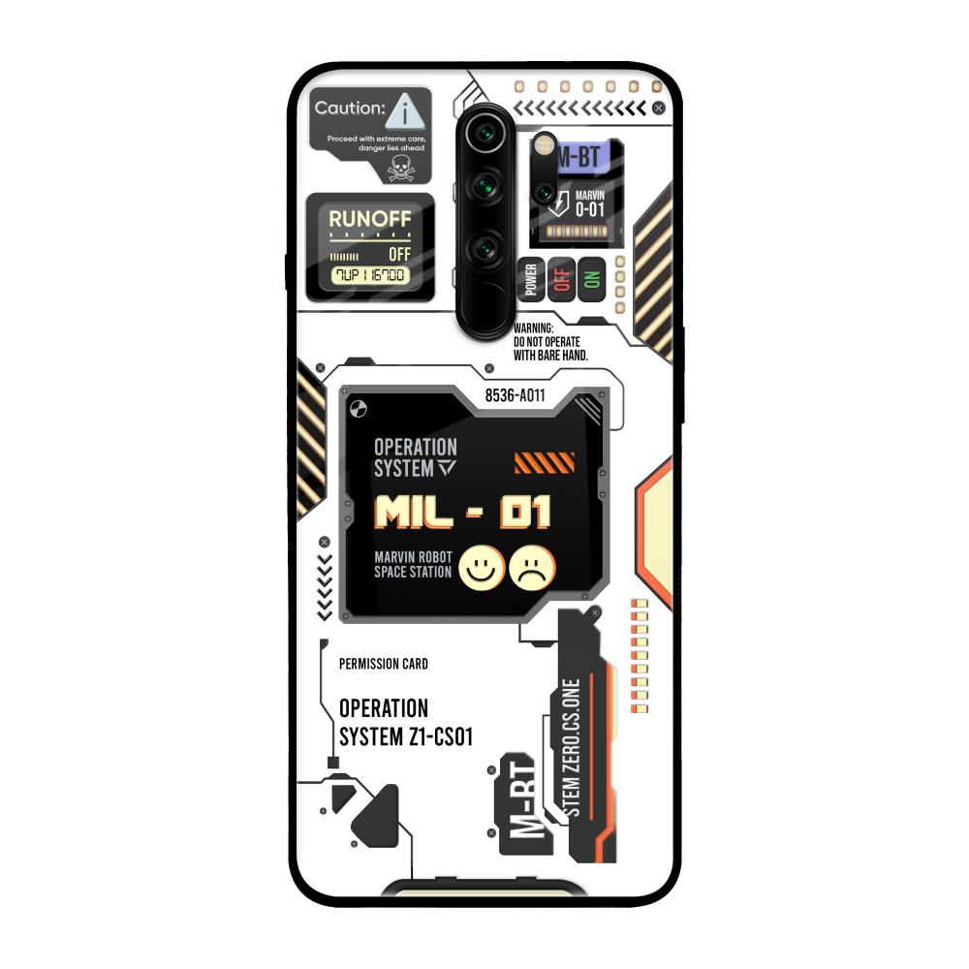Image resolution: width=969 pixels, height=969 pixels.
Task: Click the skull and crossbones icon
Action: (x=399, y=169)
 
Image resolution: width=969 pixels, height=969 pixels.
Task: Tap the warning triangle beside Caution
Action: (x=404, y=112)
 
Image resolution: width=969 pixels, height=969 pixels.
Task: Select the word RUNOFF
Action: (x=369, y=219)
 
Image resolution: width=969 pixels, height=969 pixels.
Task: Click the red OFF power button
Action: (x=562, y=279)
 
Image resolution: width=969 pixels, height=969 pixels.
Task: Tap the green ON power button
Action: (x=591, y=279)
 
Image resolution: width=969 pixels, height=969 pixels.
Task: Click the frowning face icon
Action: (x=532, y=568)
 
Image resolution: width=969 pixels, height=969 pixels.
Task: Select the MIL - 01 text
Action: (x=462, y=513)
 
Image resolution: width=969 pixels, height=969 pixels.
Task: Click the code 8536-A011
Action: (x=515, y=395)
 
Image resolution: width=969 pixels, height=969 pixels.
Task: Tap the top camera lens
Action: (x=484, y=133)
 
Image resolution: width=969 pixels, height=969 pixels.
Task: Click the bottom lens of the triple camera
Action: (x=484, y=248)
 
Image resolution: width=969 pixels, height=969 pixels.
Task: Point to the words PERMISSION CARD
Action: (x=384, y=665)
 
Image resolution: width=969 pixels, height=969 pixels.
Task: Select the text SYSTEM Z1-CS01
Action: (x=405, y=736)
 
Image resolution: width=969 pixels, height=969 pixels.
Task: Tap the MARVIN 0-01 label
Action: (x=588, y=203)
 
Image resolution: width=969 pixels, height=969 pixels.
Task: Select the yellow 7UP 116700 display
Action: (x=369, y=276)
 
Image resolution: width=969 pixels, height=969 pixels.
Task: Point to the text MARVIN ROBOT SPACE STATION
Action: (x=413, y=565)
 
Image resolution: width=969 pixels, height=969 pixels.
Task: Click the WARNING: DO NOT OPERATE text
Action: (x=548, y=342)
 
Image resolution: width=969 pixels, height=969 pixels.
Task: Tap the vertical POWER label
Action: (x=531, y=279)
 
